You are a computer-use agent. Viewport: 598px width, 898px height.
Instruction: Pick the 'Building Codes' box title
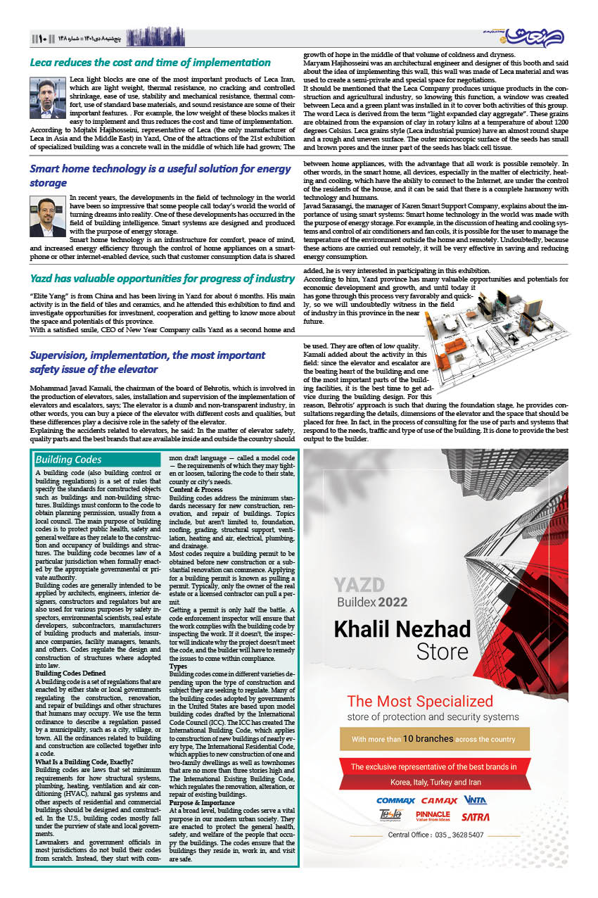click(x=68, y=460)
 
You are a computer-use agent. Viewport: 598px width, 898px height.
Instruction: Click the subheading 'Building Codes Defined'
click(x=70, y=673)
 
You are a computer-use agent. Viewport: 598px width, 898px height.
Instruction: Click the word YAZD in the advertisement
click(x=359, y=586)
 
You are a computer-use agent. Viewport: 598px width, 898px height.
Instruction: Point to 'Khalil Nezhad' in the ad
click(x=402, y=628)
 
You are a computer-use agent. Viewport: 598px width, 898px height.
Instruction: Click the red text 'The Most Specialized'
click(x=420, y=701)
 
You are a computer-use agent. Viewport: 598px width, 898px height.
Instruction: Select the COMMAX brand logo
click(x=396, y=800)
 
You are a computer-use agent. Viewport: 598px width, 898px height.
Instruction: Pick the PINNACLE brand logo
click(x=433, y=816)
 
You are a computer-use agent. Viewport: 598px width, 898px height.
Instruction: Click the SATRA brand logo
click(x=475, y=816)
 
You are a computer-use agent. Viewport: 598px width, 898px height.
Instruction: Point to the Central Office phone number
click(x=435, y=835)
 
